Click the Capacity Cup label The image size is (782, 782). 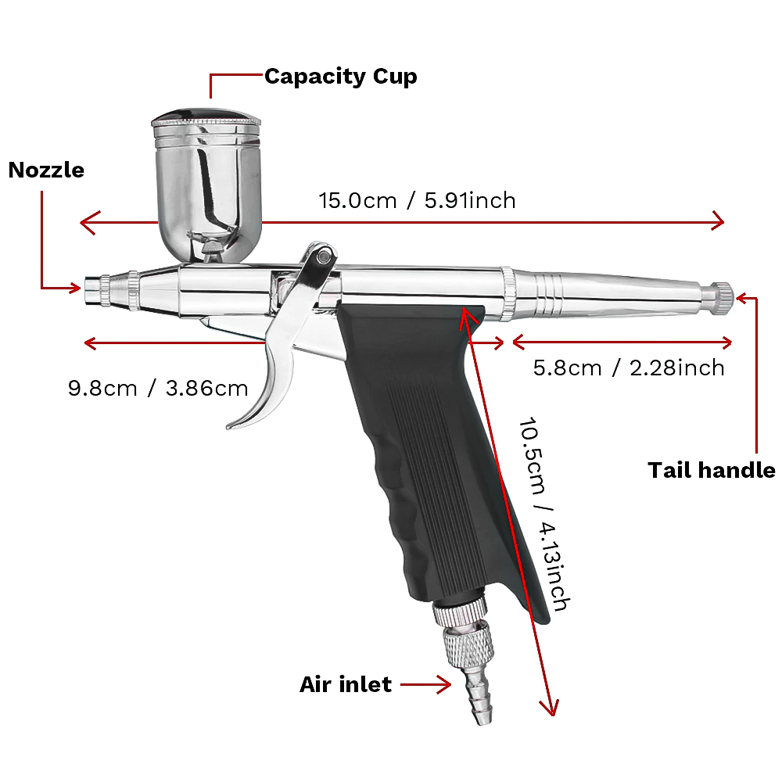(x=340, y=77)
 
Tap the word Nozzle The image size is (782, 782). (x=46, y=170)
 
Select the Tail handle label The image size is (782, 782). (x=711, y=470)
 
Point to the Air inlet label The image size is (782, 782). (x=345, y=684)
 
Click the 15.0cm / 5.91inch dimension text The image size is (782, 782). (x=417, y=200)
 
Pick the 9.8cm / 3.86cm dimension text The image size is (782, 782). (x=158, y=388)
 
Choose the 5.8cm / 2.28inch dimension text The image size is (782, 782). (x=629, y=367)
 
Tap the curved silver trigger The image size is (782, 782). (x=270, y=368)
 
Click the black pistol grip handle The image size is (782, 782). (x=422, y=438)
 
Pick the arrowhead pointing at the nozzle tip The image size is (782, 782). (x=75, y=289)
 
